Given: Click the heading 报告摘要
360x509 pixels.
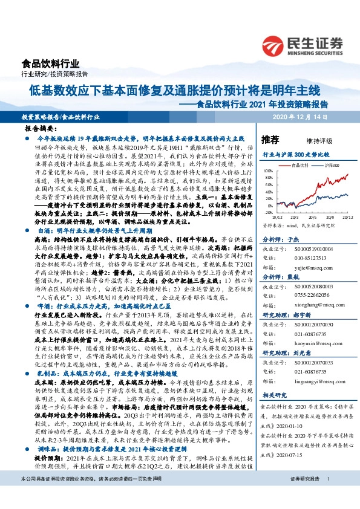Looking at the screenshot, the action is coord(41,129).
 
